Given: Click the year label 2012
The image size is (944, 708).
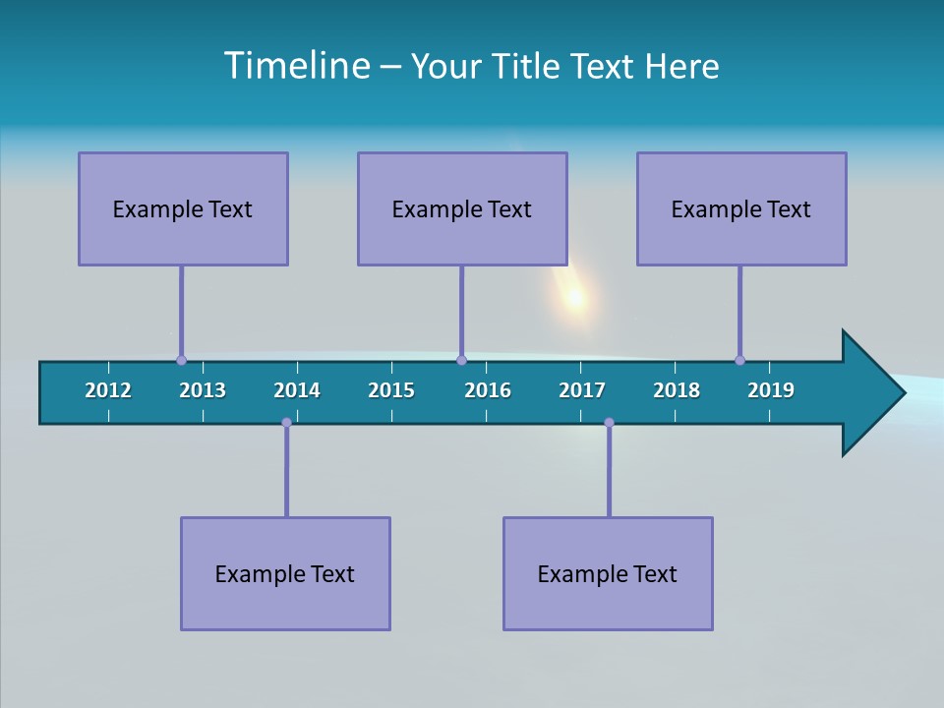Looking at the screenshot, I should [108, 390].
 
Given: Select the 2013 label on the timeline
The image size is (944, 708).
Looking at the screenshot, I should [203, 390].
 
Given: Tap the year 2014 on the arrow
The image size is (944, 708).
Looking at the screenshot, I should [297, 390].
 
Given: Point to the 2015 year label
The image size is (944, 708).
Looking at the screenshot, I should [391, 390].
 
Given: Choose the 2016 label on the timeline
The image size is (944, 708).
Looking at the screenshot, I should [488, 390].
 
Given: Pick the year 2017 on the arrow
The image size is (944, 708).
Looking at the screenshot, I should [582, 390].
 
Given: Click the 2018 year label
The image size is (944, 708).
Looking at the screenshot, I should [677, 390].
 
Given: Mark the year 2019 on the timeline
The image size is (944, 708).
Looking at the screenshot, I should [771, 390].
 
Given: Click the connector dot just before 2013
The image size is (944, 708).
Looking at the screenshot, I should [181, 360].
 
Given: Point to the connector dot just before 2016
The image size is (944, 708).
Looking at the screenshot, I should [461, 360].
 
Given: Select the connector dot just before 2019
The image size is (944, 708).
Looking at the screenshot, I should [739, 360].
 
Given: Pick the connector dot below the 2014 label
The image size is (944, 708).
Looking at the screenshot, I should [286, 423].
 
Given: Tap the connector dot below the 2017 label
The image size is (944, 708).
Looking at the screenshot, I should [609, 423].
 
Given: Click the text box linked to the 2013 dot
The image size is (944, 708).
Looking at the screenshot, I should [183, 208].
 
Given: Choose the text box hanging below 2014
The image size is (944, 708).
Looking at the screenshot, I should [285, 573].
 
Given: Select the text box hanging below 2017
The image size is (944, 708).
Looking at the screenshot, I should [608, 573].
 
